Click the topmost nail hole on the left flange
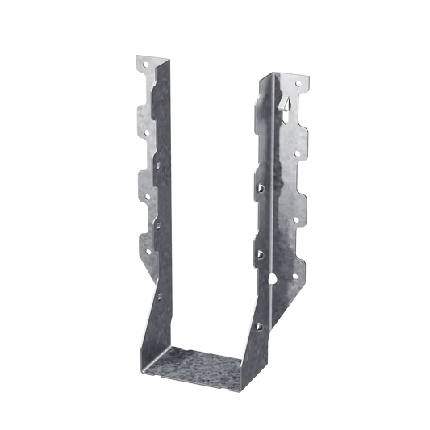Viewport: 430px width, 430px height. click(x=147, y=61)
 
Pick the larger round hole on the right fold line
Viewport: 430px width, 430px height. click(x=272, y=282)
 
